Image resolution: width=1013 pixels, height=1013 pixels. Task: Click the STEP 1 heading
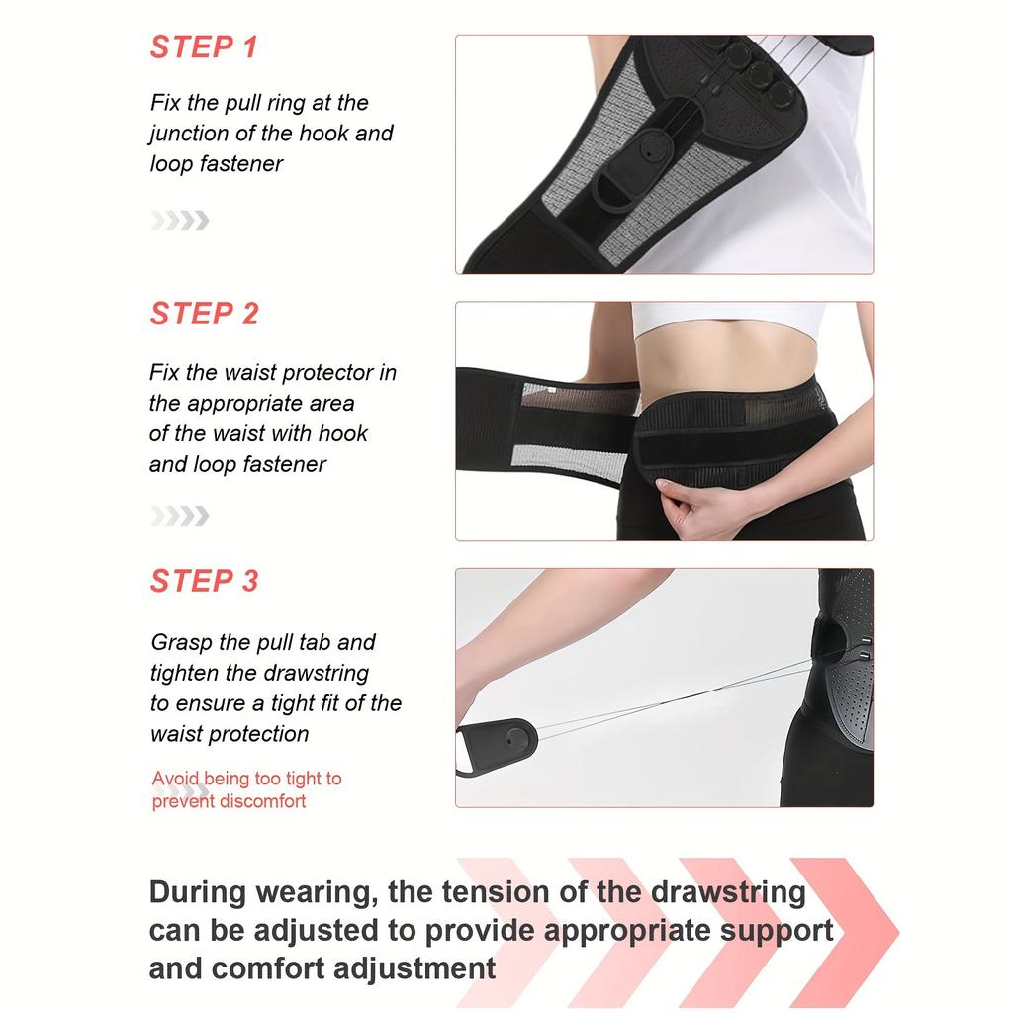click(x=204, y=46)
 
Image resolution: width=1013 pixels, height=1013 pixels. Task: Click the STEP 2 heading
click(x=204, y=314)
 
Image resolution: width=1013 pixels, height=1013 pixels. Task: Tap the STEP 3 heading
click(x=204, y=581)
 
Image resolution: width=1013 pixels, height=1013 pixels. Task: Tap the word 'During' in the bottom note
click(x=197, y=892)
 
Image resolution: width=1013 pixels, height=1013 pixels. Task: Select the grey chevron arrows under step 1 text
click(x=180, y=221)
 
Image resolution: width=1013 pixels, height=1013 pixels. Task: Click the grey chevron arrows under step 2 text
click(x=180, y=515)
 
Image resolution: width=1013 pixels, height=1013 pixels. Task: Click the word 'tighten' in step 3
click(x=189, y=674)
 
